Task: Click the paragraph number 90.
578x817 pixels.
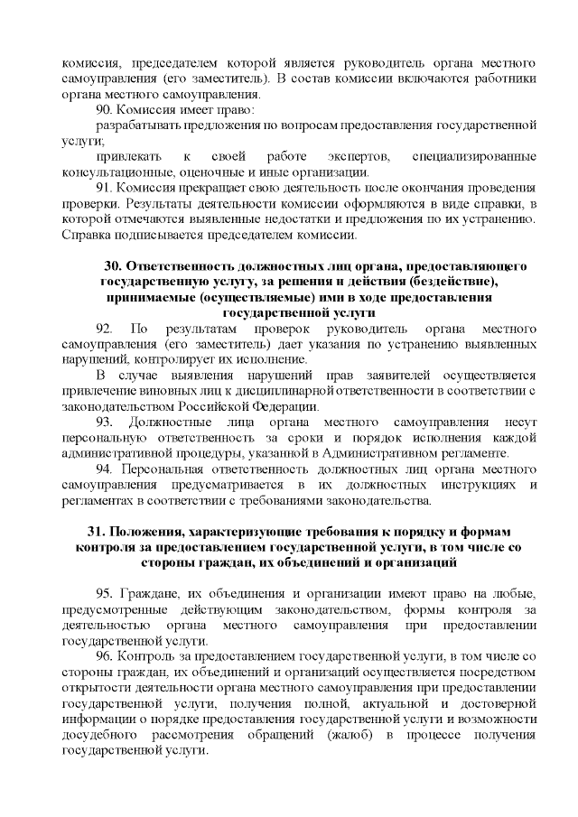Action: (x=105, y=109)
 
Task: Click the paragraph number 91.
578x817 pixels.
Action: (x=105, y=188)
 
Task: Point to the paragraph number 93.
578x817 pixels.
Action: (x=106, y=422)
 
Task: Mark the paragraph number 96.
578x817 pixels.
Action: (x=105, y=655)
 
